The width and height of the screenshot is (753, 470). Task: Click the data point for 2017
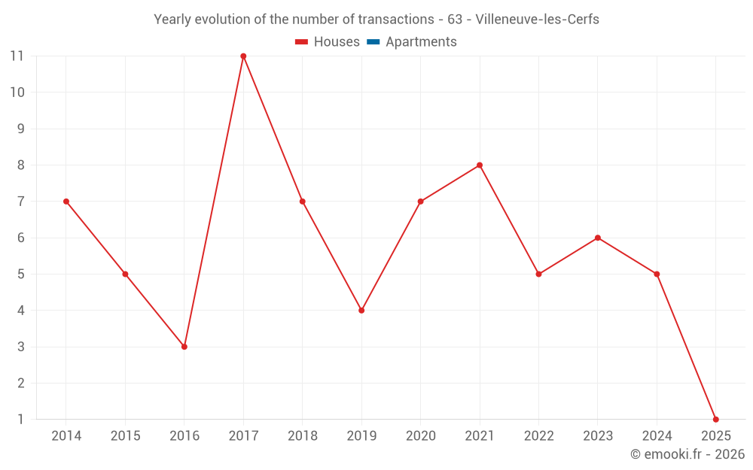243,56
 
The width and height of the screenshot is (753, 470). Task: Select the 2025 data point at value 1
715,419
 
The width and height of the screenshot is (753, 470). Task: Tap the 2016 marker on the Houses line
184,347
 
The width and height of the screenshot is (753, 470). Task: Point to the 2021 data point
480,165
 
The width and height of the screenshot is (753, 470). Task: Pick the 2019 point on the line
361,310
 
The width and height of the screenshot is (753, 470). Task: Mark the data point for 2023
597,238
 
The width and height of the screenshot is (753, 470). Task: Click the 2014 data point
66,202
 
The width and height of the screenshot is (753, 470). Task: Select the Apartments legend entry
421,42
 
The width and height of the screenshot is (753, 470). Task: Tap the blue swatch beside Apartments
373,42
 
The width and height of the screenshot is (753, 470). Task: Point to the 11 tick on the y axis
17,56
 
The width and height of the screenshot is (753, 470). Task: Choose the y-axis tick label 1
20,419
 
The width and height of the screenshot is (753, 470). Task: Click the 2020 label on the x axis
420,436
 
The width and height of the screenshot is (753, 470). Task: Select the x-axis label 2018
302,436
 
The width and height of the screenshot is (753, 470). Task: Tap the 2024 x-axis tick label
657,436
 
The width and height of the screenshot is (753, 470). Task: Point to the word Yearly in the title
172,20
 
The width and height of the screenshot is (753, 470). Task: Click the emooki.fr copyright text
687,454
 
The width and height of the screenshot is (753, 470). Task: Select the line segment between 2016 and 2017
214,202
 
